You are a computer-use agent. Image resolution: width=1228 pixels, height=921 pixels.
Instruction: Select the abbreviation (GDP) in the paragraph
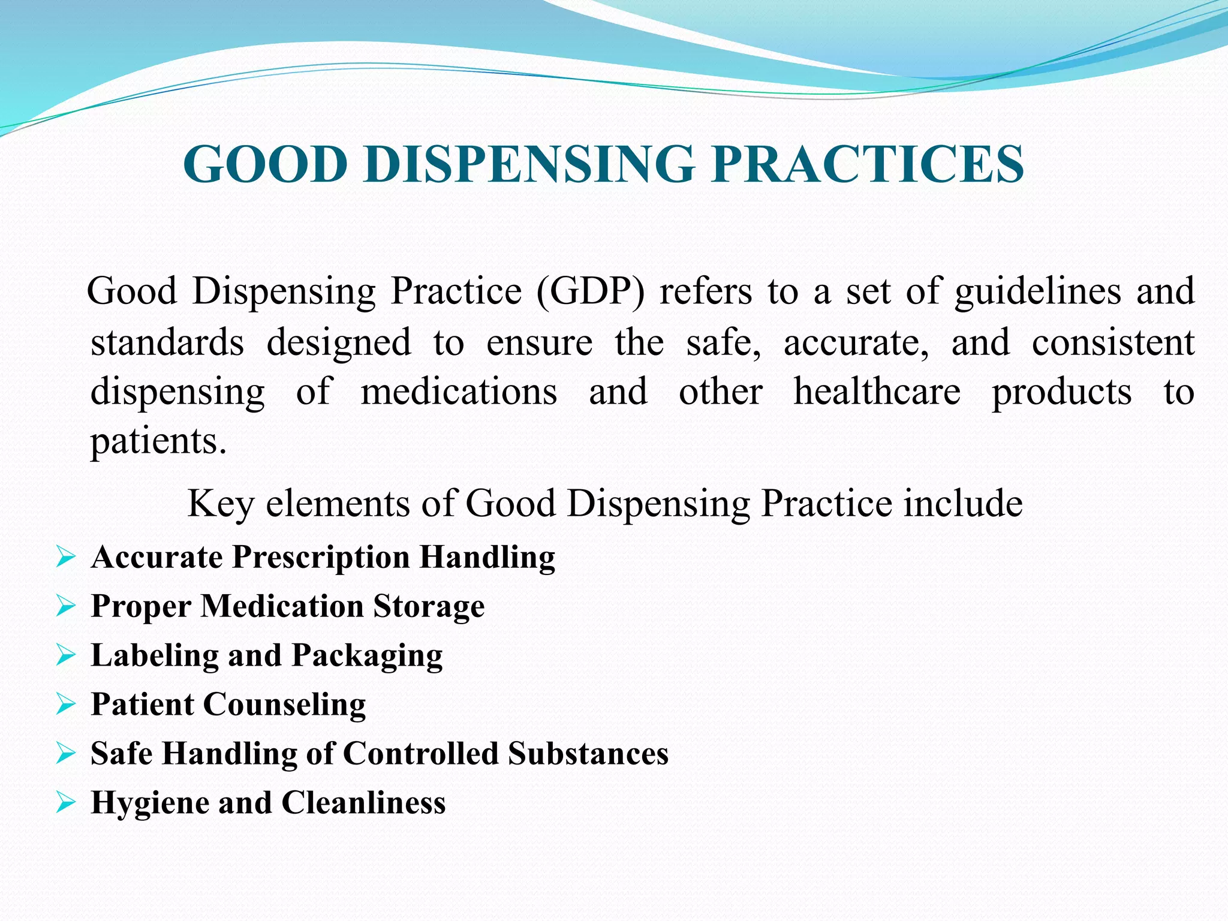(590, 292)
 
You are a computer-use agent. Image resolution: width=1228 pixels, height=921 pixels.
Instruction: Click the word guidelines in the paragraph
(1037, 292)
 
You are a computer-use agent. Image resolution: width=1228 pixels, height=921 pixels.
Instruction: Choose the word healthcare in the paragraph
(877, 393)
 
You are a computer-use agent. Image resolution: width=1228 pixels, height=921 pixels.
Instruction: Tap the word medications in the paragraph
(459, 393)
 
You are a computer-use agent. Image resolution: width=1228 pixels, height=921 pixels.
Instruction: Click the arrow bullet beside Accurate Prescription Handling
(65, 557)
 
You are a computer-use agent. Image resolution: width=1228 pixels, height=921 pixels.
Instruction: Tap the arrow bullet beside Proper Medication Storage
(65, 606)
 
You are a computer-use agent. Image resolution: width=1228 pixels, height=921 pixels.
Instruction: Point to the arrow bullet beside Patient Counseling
(65, 705)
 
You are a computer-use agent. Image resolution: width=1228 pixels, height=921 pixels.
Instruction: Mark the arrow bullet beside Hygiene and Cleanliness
(65, 802)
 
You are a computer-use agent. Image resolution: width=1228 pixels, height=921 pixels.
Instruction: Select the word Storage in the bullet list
(429, 607)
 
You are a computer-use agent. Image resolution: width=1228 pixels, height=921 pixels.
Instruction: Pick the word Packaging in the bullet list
(367, 656)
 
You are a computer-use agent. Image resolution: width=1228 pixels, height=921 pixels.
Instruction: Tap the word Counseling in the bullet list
(285, 705)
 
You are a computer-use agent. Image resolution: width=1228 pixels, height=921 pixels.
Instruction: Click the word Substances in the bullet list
(588, 754)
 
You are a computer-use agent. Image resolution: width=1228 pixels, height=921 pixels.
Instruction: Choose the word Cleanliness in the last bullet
(363, 803)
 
